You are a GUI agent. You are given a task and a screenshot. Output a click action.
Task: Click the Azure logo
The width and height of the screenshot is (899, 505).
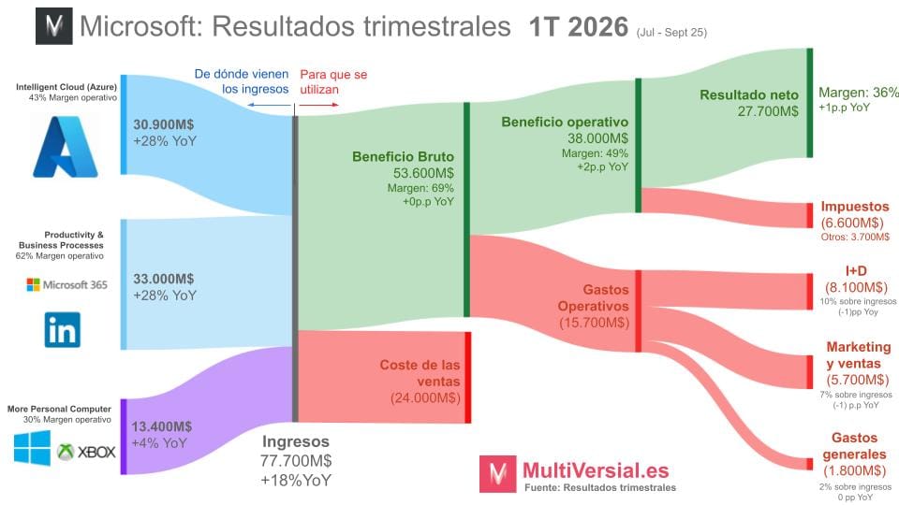65,146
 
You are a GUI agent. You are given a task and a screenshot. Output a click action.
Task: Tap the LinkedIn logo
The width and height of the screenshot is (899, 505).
63,330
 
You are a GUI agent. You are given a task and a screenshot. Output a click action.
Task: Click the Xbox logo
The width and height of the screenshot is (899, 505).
86,452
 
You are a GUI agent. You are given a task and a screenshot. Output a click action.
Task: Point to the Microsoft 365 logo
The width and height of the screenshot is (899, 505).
67,284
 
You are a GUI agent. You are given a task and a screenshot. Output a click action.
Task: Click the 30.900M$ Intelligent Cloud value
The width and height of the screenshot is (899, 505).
164,123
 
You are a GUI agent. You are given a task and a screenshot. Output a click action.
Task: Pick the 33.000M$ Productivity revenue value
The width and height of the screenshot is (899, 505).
164,278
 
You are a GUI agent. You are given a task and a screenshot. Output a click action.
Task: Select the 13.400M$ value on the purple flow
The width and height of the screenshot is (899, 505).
162,426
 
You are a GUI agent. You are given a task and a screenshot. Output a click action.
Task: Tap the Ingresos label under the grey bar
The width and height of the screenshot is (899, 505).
296,441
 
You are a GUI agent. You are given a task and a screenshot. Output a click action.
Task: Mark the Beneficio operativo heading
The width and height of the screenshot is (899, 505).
565,122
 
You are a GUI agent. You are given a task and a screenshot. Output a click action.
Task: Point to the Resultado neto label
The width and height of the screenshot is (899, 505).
749,94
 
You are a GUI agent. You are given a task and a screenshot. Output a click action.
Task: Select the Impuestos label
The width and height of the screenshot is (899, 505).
855,206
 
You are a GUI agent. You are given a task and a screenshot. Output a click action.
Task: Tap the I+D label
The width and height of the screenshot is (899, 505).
855,271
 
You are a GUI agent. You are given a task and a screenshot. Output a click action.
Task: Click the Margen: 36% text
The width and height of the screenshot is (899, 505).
858,92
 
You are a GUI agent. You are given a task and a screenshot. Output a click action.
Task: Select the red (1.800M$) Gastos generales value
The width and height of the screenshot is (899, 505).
855,470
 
